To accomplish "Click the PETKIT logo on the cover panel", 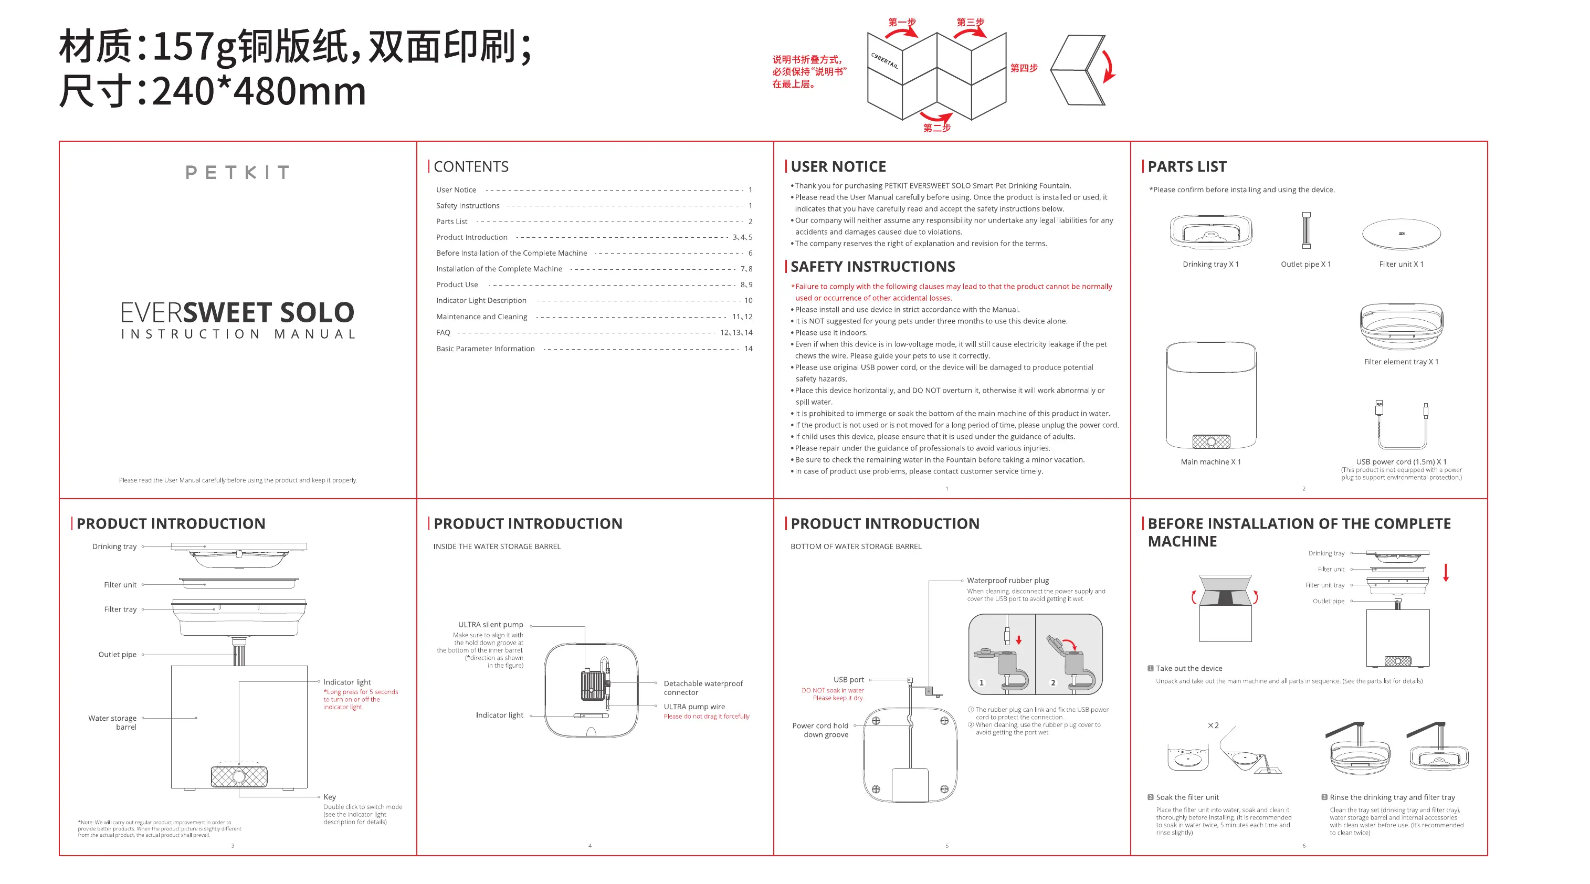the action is pyautogui.click(x=238, y=172).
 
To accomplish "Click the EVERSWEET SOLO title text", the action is pyautogui.click(x=238, y=312).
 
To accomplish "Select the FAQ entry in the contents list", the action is pyautogui.click(x=443, y=333).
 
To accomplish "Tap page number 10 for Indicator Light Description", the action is pyautogui.click(x=748, y=301).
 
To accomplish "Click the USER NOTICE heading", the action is pyautogui.click(x=838, y=167).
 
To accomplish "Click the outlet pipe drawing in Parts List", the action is pyautogui.click(x=1306, y=230).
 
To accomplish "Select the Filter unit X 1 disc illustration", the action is pyautogui.click(x=1401, y=234).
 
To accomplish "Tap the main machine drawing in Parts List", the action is pyautogui.click(x=1211, y=395).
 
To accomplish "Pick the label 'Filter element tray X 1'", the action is pyautogui.click(x=1401, y=362).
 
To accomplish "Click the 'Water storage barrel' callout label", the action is pyautogui.click(x=112, y=722).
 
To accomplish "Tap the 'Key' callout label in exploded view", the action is pyautogui.click(x=330, y=797).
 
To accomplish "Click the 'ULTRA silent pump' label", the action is pyautogui.click(x=490, y=625).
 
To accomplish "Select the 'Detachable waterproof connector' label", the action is pyautogui.click(x=703, y=688).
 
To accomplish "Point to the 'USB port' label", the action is pyautogui.click(x=849, y=680).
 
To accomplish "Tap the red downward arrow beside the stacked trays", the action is pyautogui.click(x=1446, y=572).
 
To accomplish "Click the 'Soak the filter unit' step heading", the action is pyautogui.click(x=1187, y=797).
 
